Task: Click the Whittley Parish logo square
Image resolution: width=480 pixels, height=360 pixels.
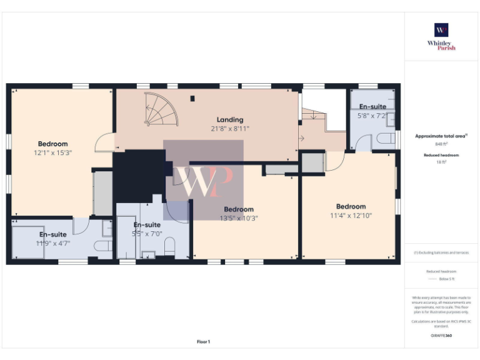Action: click(x=441, y=30)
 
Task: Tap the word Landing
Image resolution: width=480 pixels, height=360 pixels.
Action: click(x=230, y=119)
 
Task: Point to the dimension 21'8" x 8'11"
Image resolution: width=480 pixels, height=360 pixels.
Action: click(x=230, y=128)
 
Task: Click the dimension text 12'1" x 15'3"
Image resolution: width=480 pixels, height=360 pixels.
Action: click(x=53, y=152)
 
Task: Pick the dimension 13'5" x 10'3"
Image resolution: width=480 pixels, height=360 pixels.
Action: click(x=239, y=218)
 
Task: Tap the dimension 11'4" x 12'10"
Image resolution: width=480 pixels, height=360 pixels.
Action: click(x=351, y=216)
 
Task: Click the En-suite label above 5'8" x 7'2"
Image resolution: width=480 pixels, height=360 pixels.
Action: click(x=372, y=107)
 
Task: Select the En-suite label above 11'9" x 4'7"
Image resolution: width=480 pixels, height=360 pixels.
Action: click(x=53, y=234)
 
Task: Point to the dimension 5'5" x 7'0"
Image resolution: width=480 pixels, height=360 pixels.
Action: click(x=147, y=233)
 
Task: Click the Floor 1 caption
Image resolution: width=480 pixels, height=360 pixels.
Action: click(x=203, y=342)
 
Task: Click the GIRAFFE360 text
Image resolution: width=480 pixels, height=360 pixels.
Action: click(x=441, y=336)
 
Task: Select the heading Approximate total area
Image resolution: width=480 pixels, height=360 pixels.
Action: click(x=441, y=136)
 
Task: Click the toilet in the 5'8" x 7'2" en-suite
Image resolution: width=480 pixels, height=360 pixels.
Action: click(x=387, y=138)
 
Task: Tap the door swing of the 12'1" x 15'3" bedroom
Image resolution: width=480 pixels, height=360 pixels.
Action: click(x=104, y=143)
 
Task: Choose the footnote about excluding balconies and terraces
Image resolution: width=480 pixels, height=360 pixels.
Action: click(x=441, y=252)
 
